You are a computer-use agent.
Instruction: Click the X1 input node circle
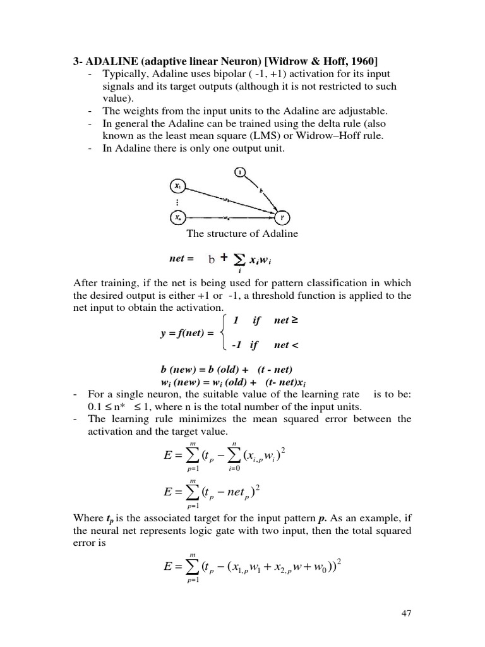point(179,186)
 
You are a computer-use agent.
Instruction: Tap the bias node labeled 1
point(241,171)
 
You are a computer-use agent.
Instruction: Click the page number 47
point(405,613)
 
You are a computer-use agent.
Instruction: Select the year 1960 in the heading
point(363,61)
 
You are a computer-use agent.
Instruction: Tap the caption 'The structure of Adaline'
point(242,234)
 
